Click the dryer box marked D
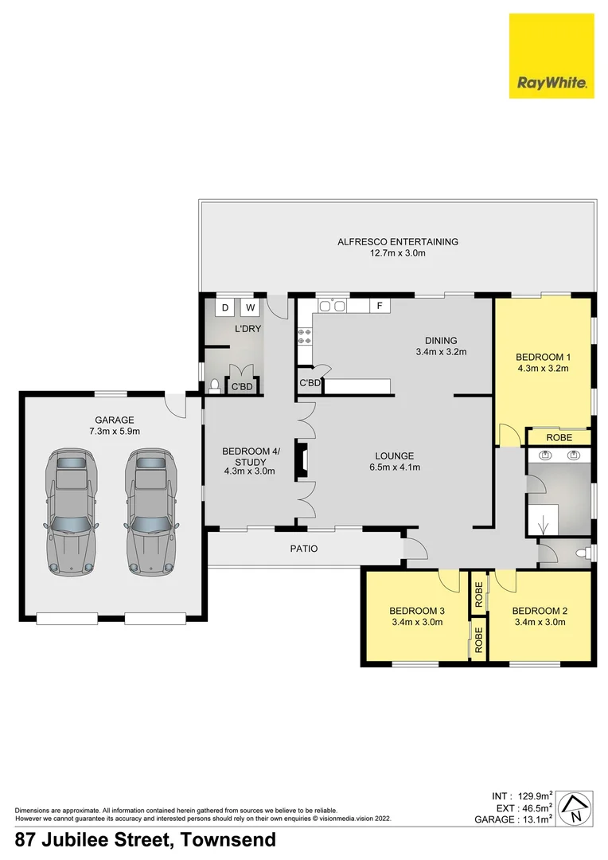point(224,307)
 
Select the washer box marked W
point(250,307)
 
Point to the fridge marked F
point(380,306)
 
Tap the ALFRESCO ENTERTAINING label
point(397,241)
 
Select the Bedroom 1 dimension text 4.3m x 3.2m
point(542,368)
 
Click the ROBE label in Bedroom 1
point(559,437)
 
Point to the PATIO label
point(303,549)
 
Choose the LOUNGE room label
point(395,456)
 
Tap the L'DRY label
point(247,328)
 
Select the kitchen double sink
point(331,306)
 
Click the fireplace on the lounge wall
point(301,460)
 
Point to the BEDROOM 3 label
point(417,611)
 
